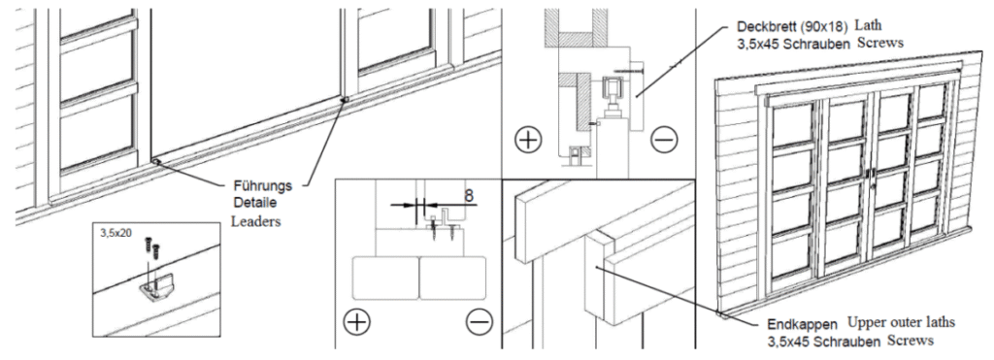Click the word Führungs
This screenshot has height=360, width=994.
click(x=262, y=186)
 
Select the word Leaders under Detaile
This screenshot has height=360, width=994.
click(x=255, y=222)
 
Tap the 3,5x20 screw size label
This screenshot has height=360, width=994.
click(x=116, y=233)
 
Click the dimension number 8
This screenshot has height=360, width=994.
click(x=469, y=196)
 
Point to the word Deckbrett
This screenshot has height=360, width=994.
click(x=766, y=27)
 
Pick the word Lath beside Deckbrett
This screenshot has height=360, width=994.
click(x=869, y=25)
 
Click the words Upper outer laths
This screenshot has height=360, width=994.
click(x=901, y=323)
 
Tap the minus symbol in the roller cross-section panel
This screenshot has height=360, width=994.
click(x=664, y=140)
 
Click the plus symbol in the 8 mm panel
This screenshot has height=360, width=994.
click(x=357, y=322)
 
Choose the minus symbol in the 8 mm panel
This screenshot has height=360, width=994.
click(x=479, y=322)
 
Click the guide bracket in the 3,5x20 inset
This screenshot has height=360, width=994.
click(x=156, y=291)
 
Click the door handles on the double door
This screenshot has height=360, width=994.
click(x=871, y=174)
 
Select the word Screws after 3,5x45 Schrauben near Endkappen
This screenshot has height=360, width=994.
click(x=911, y=341)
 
